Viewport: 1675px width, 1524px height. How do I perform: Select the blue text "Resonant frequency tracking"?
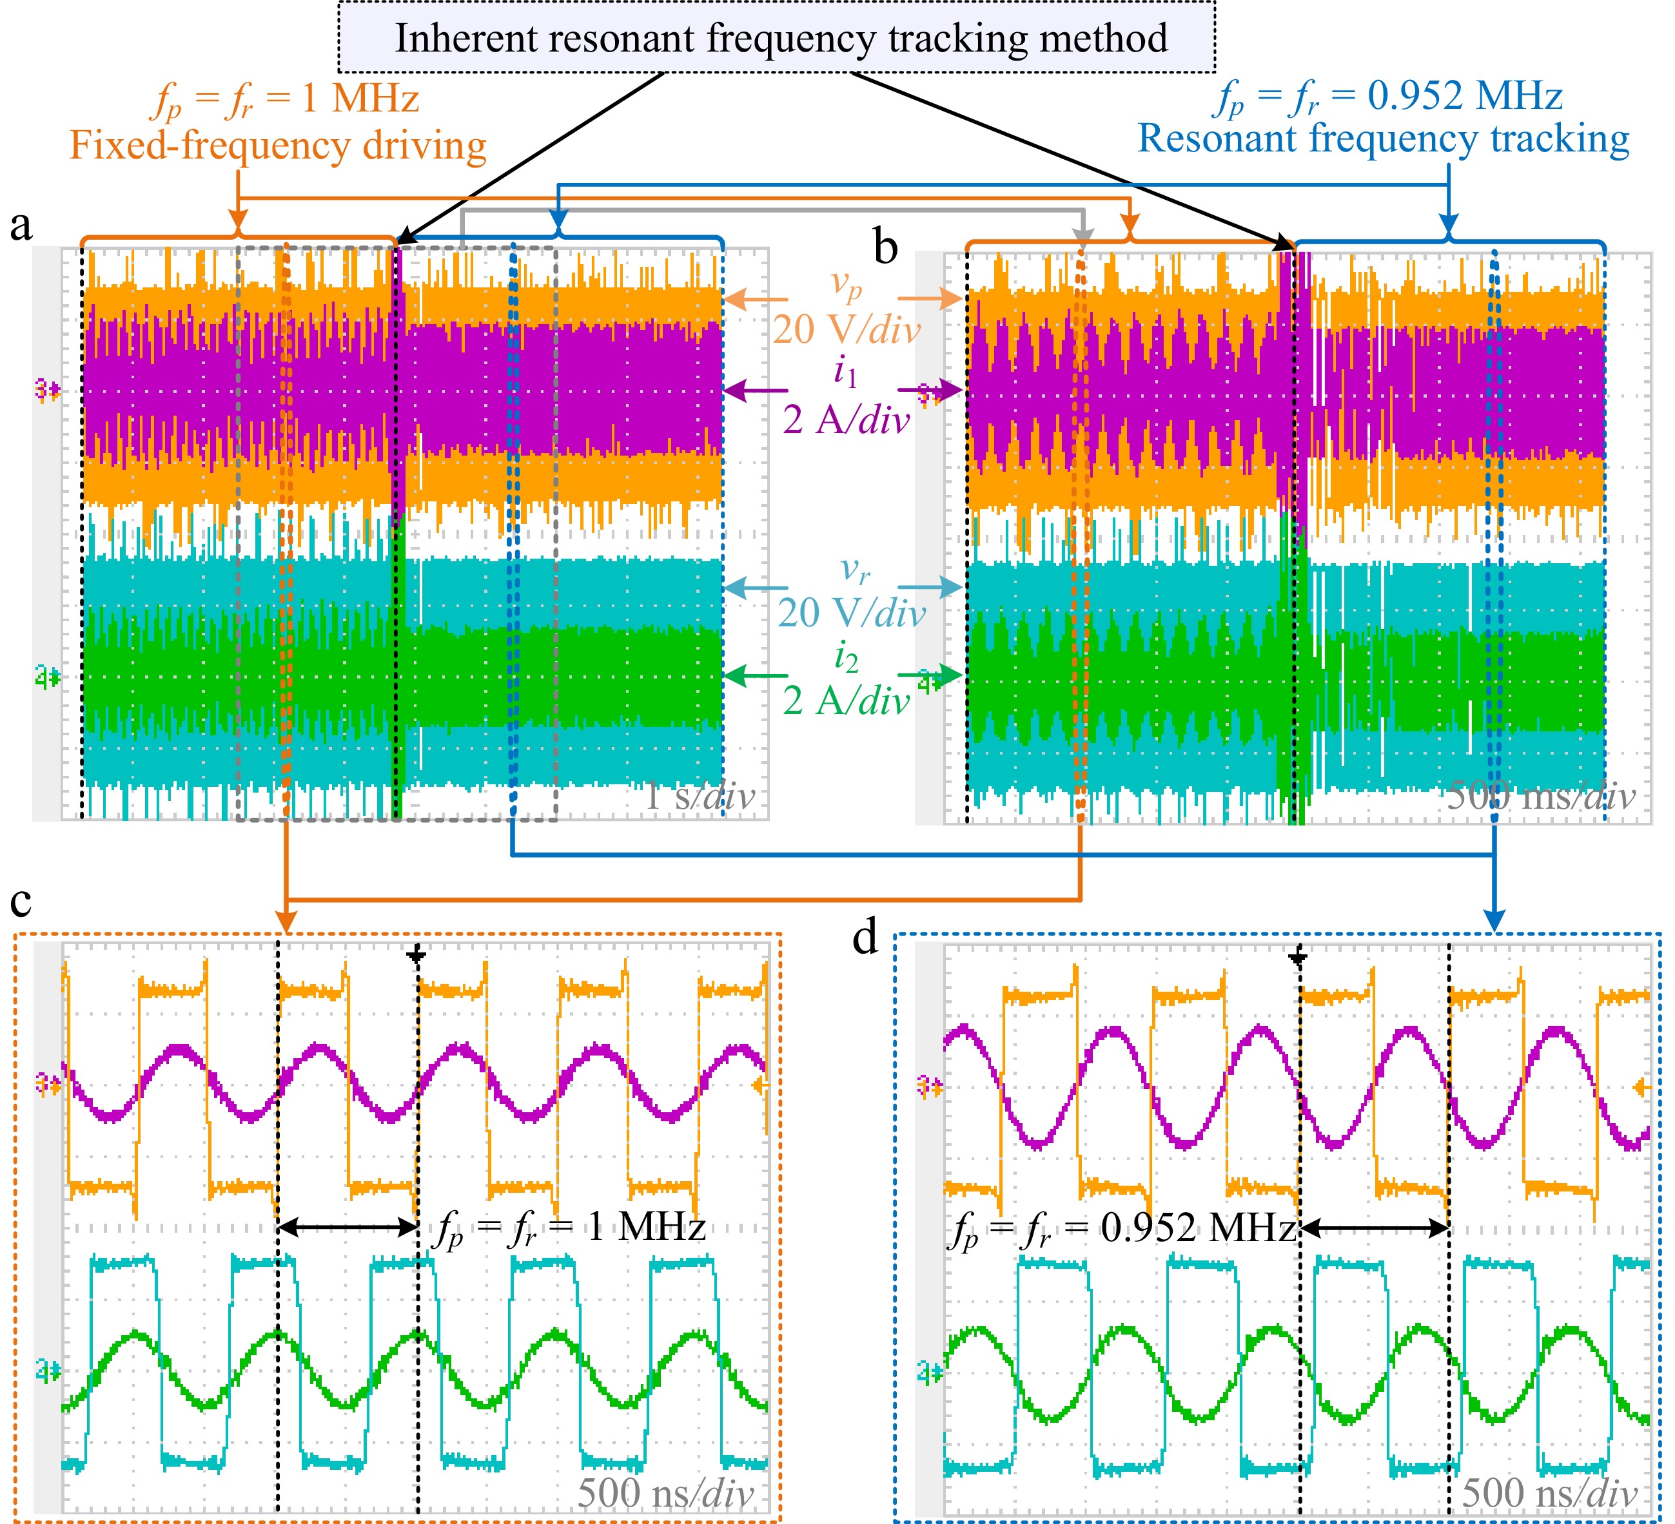pyautogui.click(x=1384, y=139)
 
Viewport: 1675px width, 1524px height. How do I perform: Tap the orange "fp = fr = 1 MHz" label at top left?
pyautogui.click(x=287, y=100)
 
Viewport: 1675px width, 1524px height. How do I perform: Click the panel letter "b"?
pyautogui.click(x=886, y=247)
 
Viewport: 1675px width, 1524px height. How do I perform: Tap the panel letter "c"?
pyautogui.click(x=21, y=901)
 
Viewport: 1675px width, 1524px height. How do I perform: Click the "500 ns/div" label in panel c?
pyautogui.click(x=665, y=1492)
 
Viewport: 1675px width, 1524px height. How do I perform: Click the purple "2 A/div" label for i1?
pyautogui.click(x=846, y=420)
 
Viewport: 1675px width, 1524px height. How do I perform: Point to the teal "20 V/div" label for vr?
pyautogui.click(x=851, y=613)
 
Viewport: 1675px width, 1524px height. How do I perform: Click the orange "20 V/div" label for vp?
pyautogui.click(x=846, y=330)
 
